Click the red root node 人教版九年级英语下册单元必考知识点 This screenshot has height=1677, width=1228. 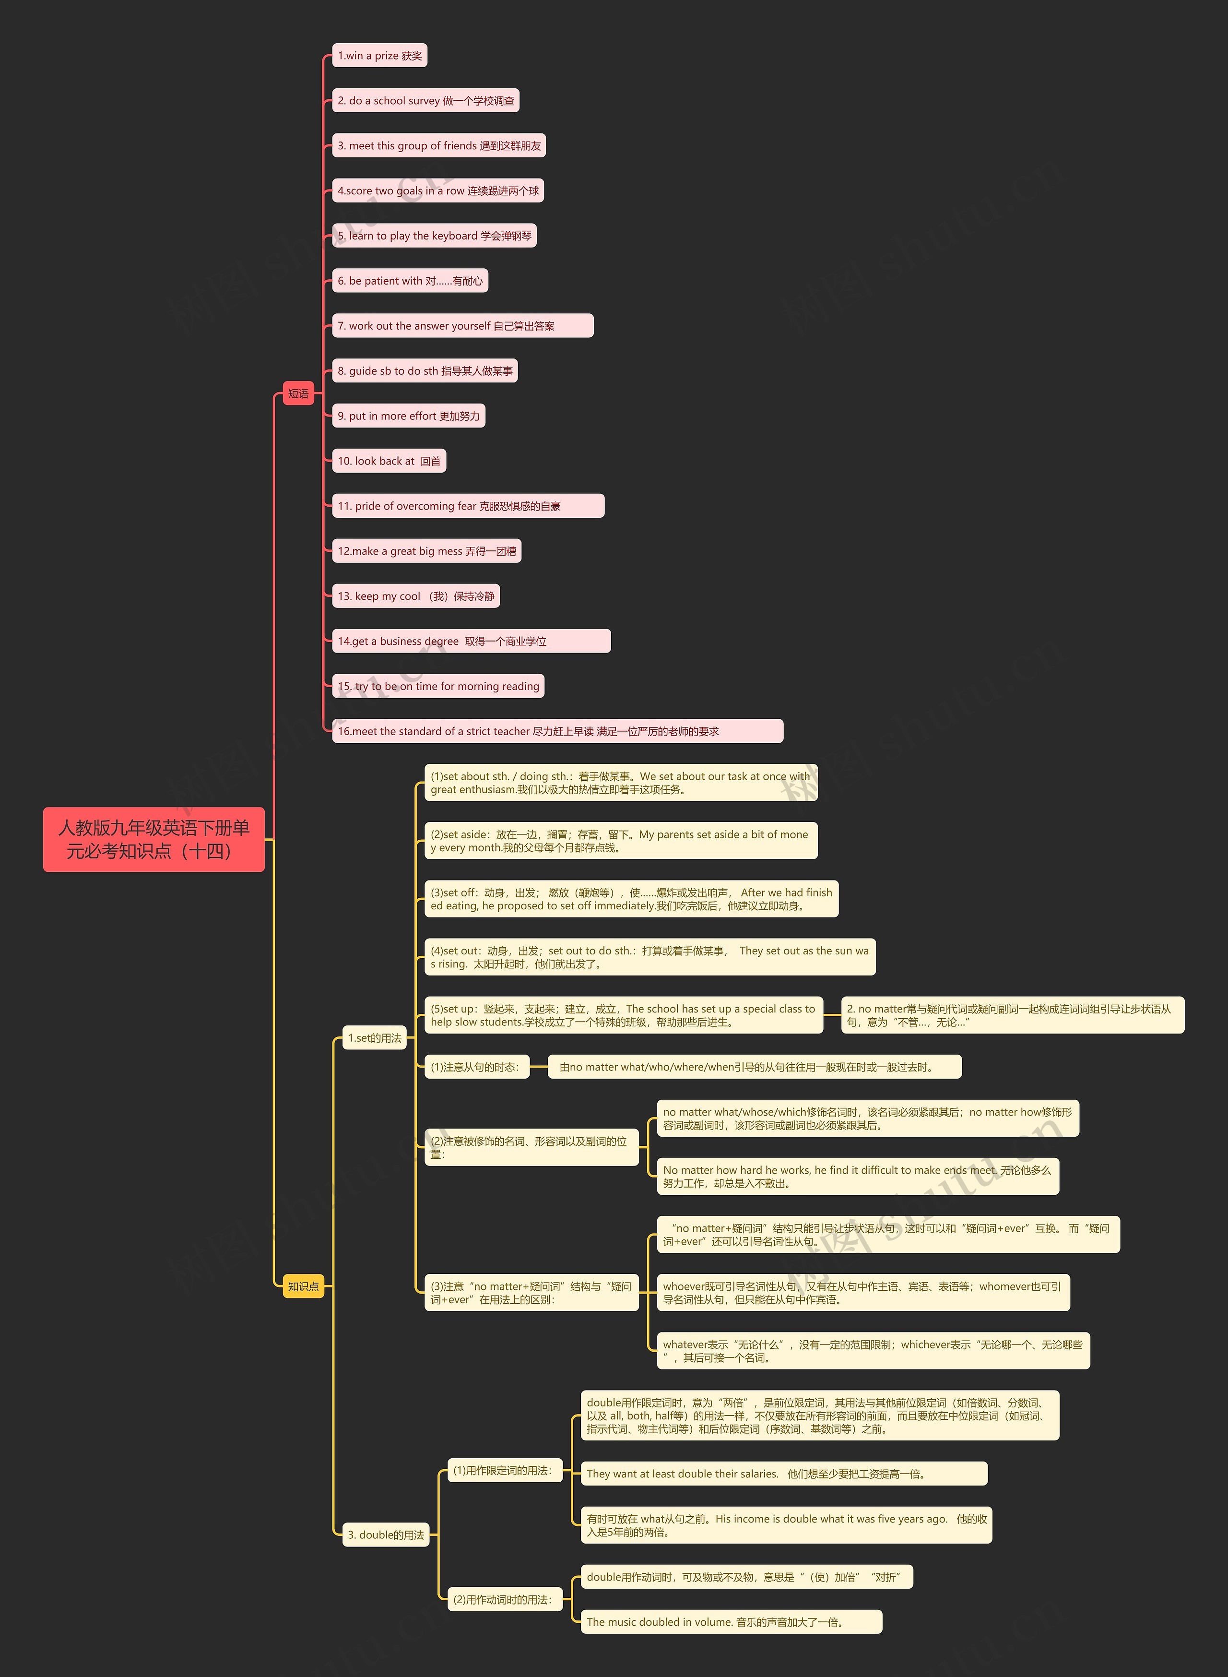tap(154, 839)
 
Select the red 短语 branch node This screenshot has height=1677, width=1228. tap(298, 393)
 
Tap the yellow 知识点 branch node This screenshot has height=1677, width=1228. tap(303, 1286)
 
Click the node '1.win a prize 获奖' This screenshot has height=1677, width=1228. tap(379, 56)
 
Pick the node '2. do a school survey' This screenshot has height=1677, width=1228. tap(425, 100)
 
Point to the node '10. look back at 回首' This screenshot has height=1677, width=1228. tap(389, 461)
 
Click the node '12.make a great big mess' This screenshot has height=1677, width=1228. tap(426, 551)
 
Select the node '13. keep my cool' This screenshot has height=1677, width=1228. tap(415, 596)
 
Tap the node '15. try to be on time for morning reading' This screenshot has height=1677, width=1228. tap(438, 686)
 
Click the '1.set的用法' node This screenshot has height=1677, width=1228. tap(375, 1038)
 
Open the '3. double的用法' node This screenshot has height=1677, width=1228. tap(386, 1534)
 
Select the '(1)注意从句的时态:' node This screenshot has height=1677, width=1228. tap(476, 1067)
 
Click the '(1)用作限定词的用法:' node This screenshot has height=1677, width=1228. tap(503, 1470)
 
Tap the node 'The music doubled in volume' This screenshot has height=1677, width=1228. tap(731, 1621)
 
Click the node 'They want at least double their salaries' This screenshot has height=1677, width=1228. tap(783, 1474)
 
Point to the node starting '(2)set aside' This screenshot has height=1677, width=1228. tap(620, 841)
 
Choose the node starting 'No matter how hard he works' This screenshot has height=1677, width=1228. tap(857, 1176)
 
